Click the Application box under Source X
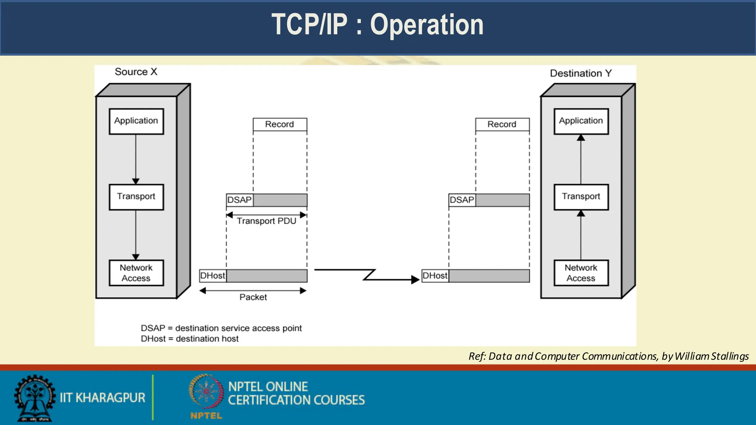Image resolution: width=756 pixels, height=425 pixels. click(136, 121)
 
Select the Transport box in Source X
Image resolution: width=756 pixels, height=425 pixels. click(136, 197)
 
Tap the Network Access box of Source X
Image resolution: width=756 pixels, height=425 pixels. click(136, 273)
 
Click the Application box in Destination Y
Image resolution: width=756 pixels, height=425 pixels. click(581, 121)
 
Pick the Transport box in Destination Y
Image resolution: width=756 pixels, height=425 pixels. click(581, 197)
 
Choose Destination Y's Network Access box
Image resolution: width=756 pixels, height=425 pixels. click(581, 273)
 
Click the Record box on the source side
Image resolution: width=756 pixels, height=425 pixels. click(280, 124)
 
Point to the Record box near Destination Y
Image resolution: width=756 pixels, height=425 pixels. click(502, 124)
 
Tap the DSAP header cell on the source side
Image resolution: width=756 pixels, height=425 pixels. click(240, 200)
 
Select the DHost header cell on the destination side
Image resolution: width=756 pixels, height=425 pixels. click(435, 276)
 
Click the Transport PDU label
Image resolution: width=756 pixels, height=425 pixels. click(267, 221)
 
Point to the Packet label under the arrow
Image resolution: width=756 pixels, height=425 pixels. click(253, 297)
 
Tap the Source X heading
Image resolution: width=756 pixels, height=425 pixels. click(136, 72)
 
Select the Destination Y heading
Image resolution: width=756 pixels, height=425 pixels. click(581, 73)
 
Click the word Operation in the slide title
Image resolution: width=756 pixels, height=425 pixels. click(427, 25)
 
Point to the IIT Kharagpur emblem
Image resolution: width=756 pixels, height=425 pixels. click(35, 398)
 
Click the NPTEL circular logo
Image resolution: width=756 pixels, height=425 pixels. click(206, 392)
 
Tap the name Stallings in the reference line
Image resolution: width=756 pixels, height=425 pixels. click(730, 356)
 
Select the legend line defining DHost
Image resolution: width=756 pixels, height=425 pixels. click(190, 339)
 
